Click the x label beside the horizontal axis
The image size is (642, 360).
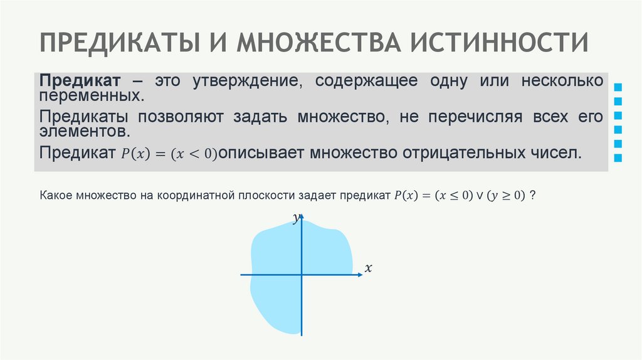[x=369, y=268]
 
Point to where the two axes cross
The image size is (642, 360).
[x=302, y=274]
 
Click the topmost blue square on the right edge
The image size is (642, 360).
[x=618, y=87]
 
